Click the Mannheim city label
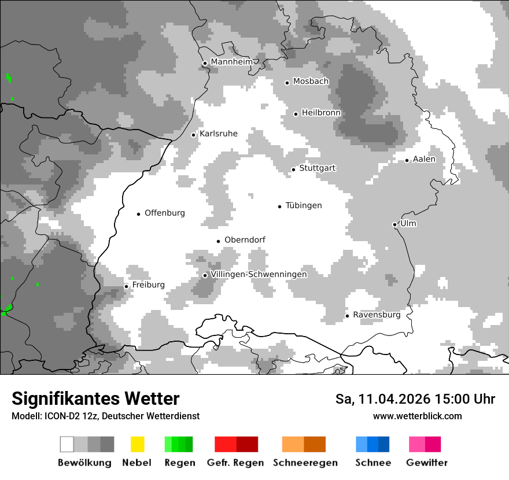click(x=232, y=62)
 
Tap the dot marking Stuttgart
click(x=293, y=169)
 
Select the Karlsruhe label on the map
click(x=219, y=134)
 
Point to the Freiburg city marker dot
click(x=126, y=286)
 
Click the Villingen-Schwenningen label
click(x=259, y=274)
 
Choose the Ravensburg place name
click(x=377, y=315)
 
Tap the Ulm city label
click(x=408, y=223)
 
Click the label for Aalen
click(x=424, y=159)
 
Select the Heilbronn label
click(x=321, y=112)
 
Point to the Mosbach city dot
click(x=287, y=83)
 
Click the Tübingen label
click(x=304, y=205)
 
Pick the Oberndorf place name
click(x=245, y=240)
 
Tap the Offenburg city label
click(x=165, y=213)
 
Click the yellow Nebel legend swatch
click(x=137, y=444)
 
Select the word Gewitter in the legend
click(x=427, y=463)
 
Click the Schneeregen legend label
click(x=305, y=463)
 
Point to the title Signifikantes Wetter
click(x=95, y=398)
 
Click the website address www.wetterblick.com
click(x=417, y=416)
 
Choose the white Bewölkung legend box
click(x=67, y=444)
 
